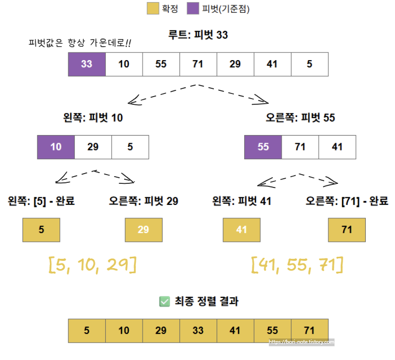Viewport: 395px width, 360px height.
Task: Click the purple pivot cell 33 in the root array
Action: point(87,64)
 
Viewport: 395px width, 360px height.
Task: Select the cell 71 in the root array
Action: point(198,64)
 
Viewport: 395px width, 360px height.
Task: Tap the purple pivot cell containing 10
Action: point(56,147)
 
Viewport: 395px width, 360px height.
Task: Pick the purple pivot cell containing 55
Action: point(263,147)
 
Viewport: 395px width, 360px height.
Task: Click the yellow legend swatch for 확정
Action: point(153,9)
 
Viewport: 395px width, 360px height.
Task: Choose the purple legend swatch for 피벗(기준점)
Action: point(193,9)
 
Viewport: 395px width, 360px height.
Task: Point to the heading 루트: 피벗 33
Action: point(198,35)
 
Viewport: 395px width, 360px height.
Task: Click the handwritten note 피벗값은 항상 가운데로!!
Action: point(80,44)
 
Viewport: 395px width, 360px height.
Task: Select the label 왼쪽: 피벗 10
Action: point(90,118)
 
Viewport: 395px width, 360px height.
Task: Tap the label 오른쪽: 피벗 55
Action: point(300,118)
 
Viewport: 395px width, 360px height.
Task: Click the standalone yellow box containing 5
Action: point(42,230)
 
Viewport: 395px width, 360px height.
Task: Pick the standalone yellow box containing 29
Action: point(144,230)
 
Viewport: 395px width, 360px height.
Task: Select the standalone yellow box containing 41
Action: point(242,230)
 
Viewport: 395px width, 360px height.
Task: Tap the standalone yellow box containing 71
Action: point(347,230)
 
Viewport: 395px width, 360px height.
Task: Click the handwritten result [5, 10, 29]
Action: point(92,265)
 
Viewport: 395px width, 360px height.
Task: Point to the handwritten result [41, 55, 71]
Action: point(297,265)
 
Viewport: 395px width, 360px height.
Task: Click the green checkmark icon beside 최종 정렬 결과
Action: point(165,302)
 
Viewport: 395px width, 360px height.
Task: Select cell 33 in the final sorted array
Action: point(198,331)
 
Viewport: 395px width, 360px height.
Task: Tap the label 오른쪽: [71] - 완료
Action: point(347,201)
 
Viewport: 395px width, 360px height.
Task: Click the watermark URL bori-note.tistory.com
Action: point(302,342)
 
